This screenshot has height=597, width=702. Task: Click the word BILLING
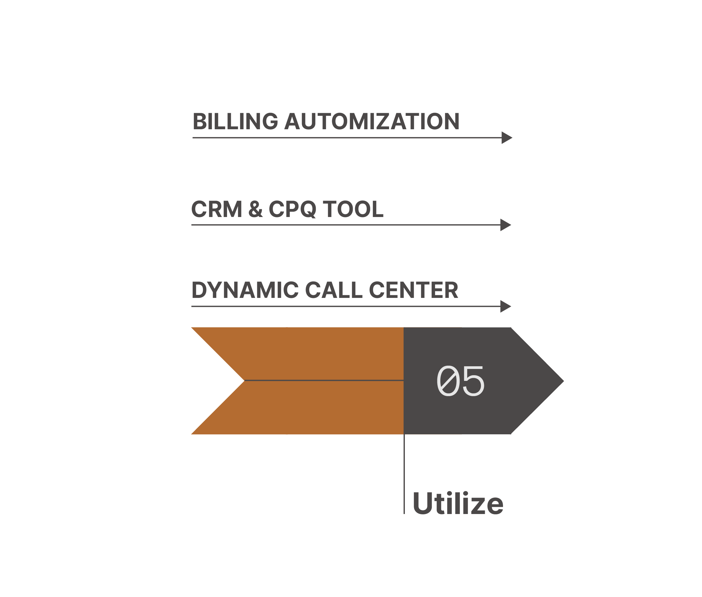point(235,121)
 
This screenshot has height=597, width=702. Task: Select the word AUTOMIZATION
point(371,121)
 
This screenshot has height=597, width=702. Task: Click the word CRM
point(217,209)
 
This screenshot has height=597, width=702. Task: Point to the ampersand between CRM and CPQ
point(255,209)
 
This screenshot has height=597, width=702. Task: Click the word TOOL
point(353,209)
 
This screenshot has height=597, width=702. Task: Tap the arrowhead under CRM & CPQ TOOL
point(505,225)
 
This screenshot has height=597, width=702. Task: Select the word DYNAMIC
point(245,290)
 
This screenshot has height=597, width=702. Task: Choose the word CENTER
point(413,290)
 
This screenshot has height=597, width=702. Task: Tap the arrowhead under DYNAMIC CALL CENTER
point(505,306)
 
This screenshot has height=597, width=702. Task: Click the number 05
point(460,381)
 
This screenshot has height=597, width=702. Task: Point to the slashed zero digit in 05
point(447,381)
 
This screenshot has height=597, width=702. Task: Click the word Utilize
point(458,504)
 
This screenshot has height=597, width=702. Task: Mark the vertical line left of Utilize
point(404,474)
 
